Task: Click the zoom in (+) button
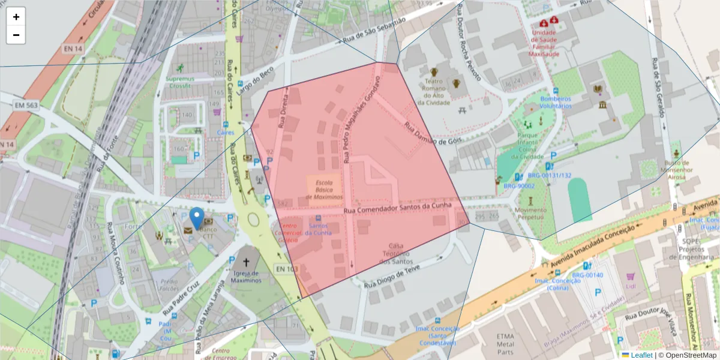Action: pyautogui.click(x=16, y=17)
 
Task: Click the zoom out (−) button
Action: pyautogui.click(x=16, y=35)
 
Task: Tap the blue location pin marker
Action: pyautogui.click(x=196, y=218)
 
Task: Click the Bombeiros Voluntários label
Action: pyautogui.click(x=556, y=102)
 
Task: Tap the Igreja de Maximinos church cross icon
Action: pyautogui.click(x=245, y=262)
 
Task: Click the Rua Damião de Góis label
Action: pyautogui.click(x=434, y=134)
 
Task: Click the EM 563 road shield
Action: pyautogui.click(x=25, y=106)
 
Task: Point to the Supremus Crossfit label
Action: pyautogui.click(x=181, y=82)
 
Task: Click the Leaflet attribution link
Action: pyautogui.click(x=641, y=355)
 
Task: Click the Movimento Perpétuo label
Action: pyautogui.click(x=530, y=214)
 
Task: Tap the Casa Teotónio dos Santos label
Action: pyautogui.click(x=395, y=253)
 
